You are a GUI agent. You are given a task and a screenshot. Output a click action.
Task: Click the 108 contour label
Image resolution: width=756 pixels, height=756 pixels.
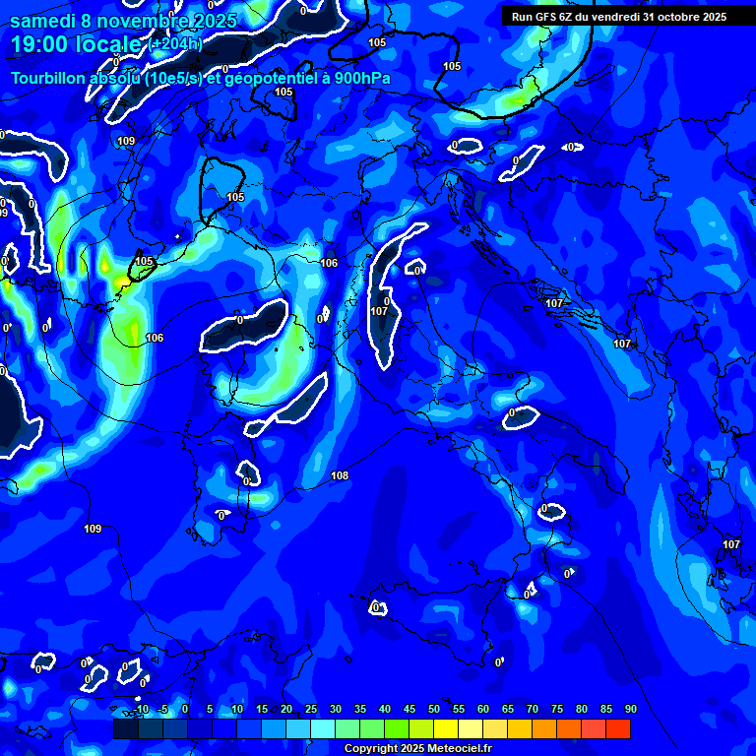coord(340,476)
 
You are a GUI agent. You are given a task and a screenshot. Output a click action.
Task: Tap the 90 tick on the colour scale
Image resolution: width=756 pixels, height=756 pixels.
coord(630,709)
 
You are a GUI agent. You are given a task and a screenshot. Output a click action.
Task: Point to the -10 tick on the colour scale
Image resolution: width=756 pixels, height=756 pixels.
coord(142,709)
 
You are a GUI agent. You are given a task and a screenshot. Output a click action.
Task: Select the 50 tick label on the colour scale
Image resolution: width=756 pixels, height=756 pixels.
coord(434,709)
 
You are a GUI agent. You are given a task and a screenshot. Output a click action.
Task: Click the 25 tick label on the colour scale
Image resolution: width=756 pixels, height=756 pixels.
coord(311,709)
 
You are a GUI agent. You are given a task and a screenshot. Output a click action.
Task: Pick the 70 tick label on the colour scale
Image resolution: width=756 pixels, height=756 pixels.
coord(533,709)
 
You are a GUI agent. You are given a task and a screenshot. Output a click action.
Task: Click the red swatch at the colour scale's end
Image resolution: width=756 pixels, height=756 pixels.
coord(618,728)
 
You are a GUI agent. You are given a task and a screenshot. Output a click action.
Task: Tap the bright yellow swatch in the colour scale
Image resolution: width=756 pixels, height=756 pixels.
coord(446,728)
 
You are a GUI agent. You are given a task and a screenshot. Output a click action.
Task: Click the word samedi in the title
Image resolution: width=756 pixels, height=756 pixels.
coord(43,21)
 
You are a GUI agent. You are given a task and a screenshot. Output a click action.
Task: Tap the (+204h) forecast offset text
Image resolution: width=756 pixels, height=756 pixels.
coord(175,43)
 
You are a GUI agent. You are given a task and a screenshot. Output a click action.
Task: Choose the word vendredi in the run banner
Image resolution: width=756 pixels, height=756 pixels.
coord(612,17)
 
